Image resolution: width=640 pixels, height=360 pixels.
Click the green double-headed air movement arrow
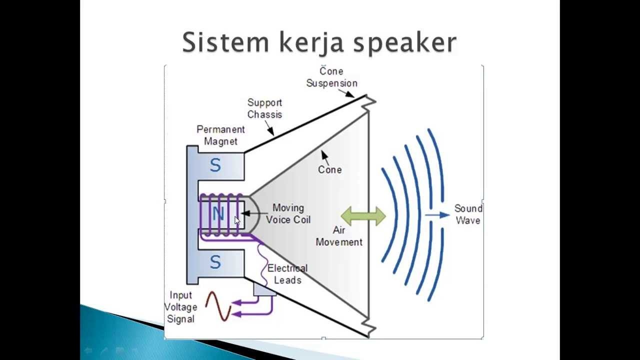(x=363, y=216)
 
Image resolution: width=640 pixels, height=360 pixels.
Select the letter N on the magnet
(x=217, y=214)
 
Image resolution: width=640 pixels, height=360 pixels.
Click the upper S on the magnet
(x=215, y=165)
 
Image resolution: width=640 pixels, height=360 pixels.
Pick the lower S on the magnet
(x=215, y=262)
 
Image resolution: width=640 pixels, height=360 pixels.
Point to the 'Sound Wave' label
(x=468, y=214)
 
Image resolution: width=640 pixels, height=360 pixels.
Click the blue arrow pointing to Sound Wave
(x=437, y=215)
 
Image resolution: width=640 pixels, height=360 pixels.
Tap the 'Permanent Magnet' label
(x=220, y=135)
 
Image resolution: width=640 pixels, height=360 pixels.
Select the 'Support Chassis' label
(x=265, y=108)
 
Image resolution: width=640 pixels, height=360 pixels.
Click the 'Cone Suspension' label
(x=331, y=77)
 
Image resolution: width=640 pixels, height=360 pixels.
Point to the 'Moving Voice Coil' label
(x=288, y=213)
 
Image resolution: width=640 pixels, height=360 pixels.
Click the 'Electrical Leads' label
(x=287, y=274)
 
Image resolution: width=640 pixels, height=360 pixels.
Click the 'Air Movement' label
(x=339, y=236)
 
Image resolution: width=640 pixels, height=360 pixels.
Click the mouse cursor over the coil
(x=237, y=221)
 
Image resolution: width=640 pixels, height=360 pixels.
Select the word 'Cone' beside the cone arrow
(x=330, y=169)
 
